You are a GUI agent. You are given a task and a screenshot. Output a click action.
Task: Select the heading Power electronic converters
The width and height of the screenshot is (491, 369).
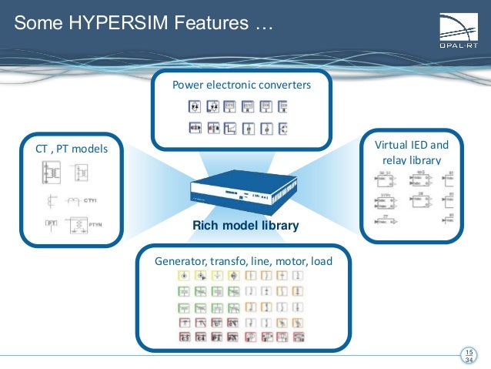(242, 85)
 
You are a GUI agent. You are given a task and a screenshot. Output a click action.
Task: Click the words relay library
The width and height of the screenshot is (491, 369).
(411, 160)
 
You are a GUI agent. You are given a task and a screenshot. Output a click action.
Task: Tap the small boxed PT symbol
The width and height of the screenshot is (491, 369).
(52, 224)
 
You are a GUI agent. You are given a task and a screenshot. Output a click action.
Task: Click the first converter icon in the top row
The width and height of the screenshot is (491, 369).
(195, 106)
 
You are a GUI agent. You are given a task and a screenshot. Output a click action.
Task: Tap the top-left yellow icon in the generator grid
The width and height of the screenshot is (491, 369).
(185, 275)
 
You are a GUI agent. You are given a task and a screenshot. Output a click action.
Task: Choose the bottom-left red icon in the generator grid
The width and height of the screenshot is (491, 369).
(185, 336)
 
